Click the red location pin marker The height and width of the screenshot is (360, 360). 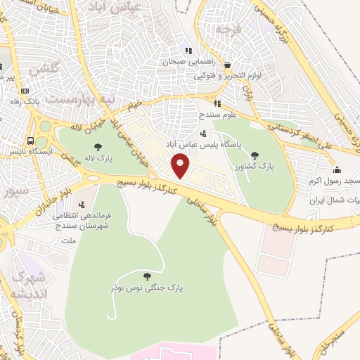[181, 165]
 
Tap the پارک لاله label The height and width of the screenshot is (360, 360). [110, 147]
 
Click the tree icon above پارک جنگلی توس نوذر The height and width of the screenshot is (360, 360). [146, 276]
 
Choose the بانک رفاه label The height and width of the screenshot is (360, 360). [41, 103]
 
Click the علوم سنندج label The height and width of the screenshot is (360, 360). [200, 112]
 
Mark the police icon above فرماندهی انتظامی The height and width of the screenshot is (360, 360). [83, 205]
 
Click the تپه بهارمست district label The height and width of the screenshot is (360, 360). [79, 98]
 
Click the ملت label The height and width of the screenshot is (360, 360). [68, 240]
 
